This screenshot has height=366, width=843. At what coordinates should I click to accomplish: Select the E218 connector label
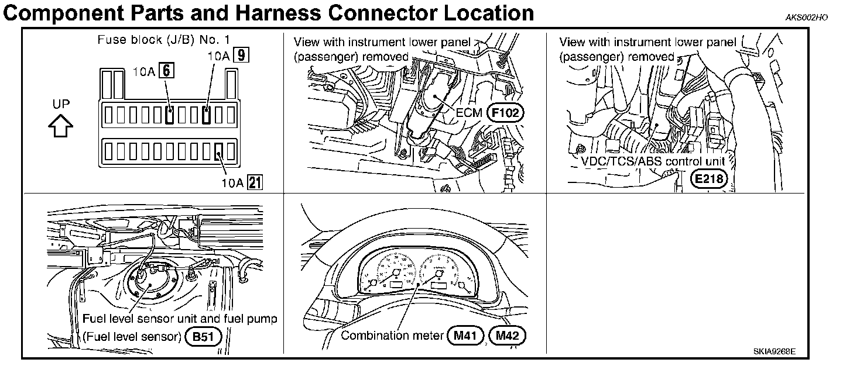pos(709,179)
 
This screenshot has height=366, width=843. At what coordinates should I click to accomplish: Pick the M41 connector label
pos(464,336)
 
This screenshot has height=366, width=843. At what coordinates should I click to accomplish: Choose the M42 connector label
pos(507,336)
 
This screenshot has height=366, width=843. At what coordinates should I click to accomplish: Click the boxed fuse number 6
pos(167,71)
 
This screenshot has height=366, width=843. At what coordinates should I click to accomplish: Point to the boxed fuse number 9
pos(239,56)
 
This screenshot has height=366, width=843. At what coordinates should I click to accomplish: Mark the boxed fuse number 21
pos(255,182)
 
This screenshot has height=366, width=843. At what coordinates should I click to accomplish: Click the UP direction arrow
pos(61,126)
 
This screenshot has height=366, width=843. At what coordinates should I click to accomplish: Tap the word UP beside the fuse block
pos(61,104)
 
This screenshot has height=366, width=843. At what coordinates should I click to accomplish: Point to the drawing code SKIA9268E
pos(775,353)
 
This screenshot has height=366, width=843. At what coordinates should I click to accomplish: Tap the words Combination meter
pos(391,336)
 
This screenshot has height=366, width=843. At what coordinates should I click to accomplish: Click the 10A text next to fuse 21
pos(232,182)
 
